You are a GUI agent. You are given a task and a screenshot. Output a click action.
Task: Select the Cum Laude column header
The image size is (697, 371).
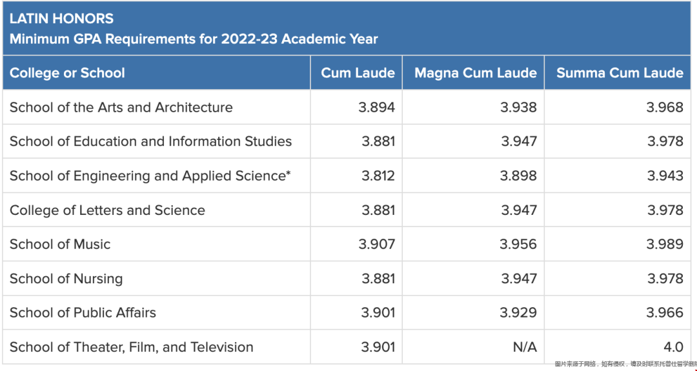click(x=358, y=73)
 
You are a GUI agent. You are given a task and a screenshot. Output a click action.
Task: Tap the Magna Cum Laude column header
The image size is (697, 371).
click(x=475, y=73)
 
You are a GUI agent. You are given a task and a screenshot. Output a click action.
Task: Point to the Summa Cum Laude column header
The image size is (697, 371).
click(x=620, y=73)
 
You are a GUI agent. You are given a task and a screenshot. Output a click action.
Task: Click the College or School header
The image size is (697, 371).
click(x=67, y=73)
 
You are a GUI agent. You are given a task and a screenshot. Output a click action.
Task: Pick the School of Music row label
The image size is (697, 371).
click(x=60, y=245)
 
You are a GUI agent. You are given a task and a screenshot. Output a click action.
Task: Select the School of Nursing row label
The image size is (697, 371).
click(x=66, y=279)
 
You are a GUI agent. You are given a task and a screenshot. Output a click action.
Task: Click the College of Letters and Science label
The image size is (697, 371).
click(x=107, y=210)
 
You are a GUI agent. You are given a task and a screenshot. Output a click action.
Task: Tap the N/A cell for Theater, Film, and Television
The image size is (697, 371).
click(x=525, y=347)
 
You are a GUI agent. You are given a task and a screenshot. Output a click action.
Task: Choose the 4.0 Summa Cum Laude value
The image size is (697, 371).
click(x=673, y=347)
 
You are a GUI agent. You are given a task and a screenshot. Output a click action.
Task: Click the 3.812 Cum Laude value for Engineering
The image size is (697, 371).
click(x=378, y=176)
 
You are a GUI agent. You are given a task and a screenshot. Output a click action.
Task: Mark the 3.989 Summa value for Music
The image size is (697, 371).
click(x=665, y=245)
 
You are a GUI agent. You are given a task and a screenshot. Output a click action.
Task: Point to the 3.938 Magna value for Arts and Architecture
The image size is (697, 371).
click(x=518, y=107)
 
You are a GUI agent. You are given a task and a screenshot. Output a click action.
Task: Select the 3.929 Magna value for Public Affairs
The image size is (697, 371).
click(x=518, y=313)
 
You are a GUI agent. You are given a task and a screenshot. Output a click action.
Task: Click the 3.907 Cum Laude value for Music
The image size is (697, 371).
click(x=377, y=245)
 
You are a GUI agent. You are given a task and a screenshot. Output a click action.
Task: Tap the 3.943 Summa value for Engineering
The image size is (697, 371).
click(x=665, y=176)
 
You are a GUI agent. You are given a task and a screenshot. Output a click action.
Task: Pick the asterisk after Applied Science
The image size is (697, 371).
click(x=288, y=173)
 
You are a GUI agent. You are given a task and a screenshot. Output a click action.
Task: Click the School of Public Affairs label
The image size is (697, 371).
click(x=83, y=313)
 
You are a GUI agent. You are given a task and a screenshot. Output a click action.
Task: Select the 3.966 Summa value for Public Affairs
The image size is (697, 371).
click(x=665, y=313)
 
